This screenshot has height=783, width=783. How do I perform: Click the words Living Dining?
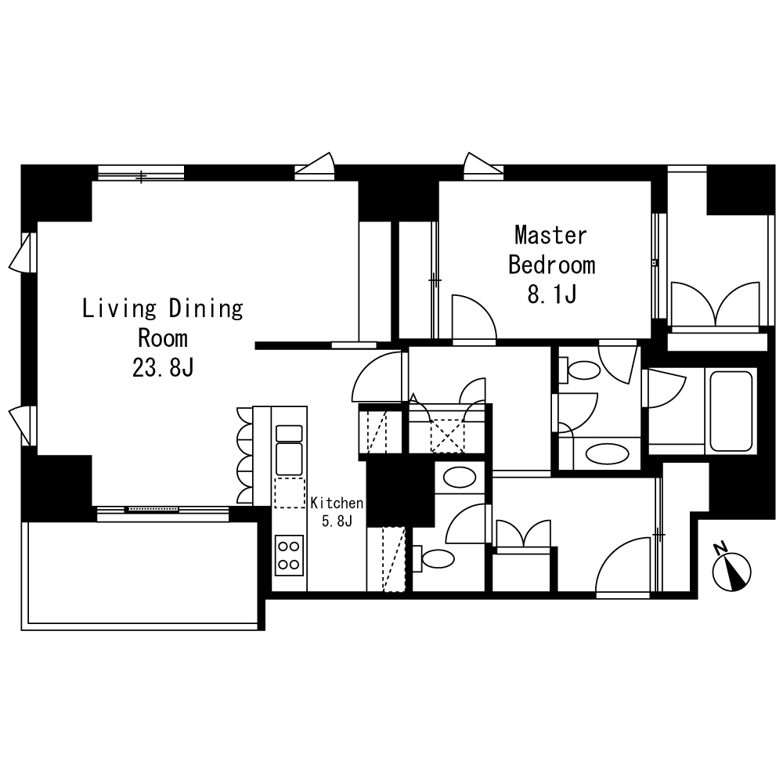(x=163, y=309)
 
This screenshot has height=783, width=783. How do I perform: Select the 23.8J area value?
(x=163, y=368)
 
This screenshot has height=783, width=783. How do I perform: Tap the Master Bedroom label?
(x=551, y=250)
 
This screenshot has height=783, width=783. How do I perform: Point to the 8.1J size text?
(x=551, y=294)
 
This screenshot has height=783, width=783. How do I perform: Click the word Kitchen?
(x=337, y=503)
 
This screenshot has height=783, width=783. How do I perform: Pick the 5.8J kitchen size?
(x=337, y=521)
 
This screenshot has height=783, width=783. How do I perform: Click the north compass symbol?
(x=732, y=571)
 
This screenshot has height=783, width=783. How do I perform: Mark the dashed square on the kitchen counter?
(x=289, y=493)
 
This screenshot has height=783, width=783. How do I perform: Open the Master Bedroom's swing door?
(x=473, y=321)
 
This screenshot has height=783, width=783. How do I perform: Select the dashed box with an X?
(x=447, y=435)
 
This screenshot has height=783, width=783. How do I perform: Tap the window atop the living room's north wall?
(x=141, y=173)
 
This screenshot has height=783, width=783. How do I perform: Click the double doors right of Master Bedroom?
(x=716, y=305)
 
